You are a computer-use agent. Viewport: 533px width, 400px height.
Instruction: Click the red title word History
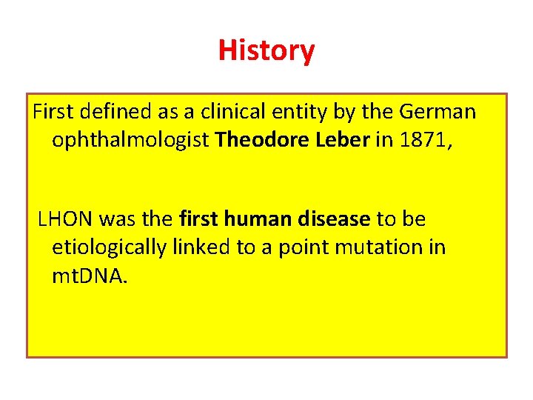pyautogui.click(x=266, y=50)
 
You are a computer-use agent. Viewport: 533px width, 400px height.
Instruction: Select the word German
pyautogui.click(x=438, y=112)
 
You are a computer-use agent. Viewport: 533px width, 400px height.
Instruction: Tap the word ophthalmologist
pyautogui.click(x=131, y=139)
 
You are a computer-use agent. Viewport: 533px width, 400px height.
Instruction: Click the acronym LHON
pyautogui.click(x=65, y=219)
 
